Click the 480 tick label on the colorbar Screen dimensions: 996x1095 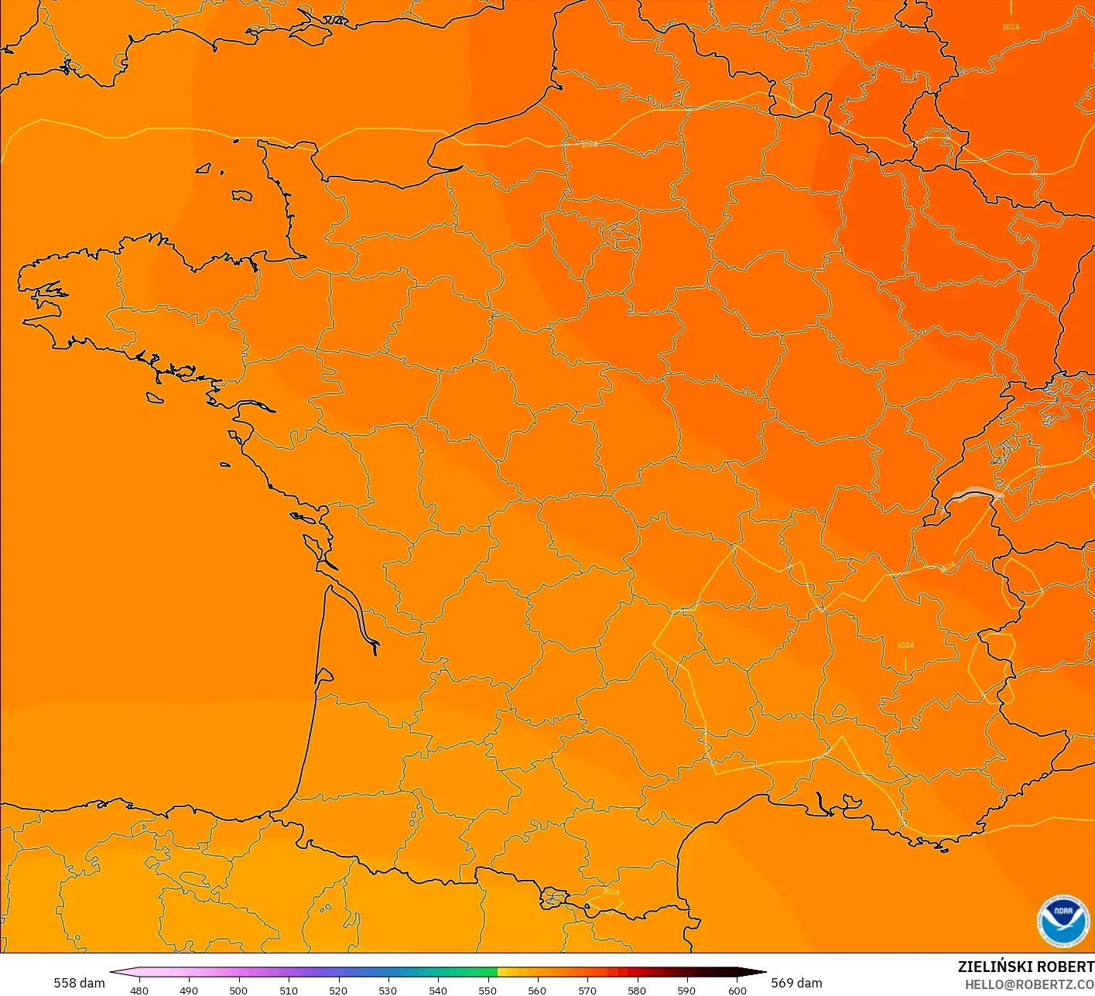tap(139, 990)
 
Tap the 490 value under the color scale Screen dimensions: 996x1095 tap(189, 990)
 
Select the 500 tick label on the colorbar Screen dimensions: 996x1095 tap(238, 990)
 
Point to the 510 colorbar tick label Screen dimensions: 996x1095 tap(289, 990)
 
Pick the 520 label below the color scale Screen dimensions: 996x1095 tap(338, 990)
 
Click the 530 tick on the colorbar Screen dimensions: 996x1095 tap(388, 990)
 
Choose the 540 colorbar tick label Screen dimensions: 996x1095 tap(438, 990)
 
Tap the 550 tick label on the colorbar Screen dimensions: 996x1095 tap(488, 990)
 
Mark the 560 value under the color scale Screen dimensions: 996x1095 tap(537, 990)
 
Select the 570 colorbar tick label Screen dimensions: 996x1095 tap(587, 990)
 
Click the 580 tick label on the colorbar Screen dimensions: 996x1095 tap(637, 990)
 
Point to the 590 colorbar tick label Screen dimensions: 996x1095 tap(686, 990)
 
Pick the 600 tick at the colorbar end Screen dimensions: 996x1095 tap(737, 990)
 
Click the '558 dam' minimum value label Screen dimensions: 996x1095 tap(79, 983)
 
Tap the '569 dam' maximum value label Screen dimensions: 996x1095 tap(796, 983)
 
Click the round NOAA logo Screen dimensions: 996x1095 tap(1063, 921)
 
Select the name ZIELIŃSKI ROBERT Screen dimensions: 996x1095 tap(1025, 967)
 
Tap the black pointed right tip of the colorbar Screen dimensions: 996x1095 tap(761, 972)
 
